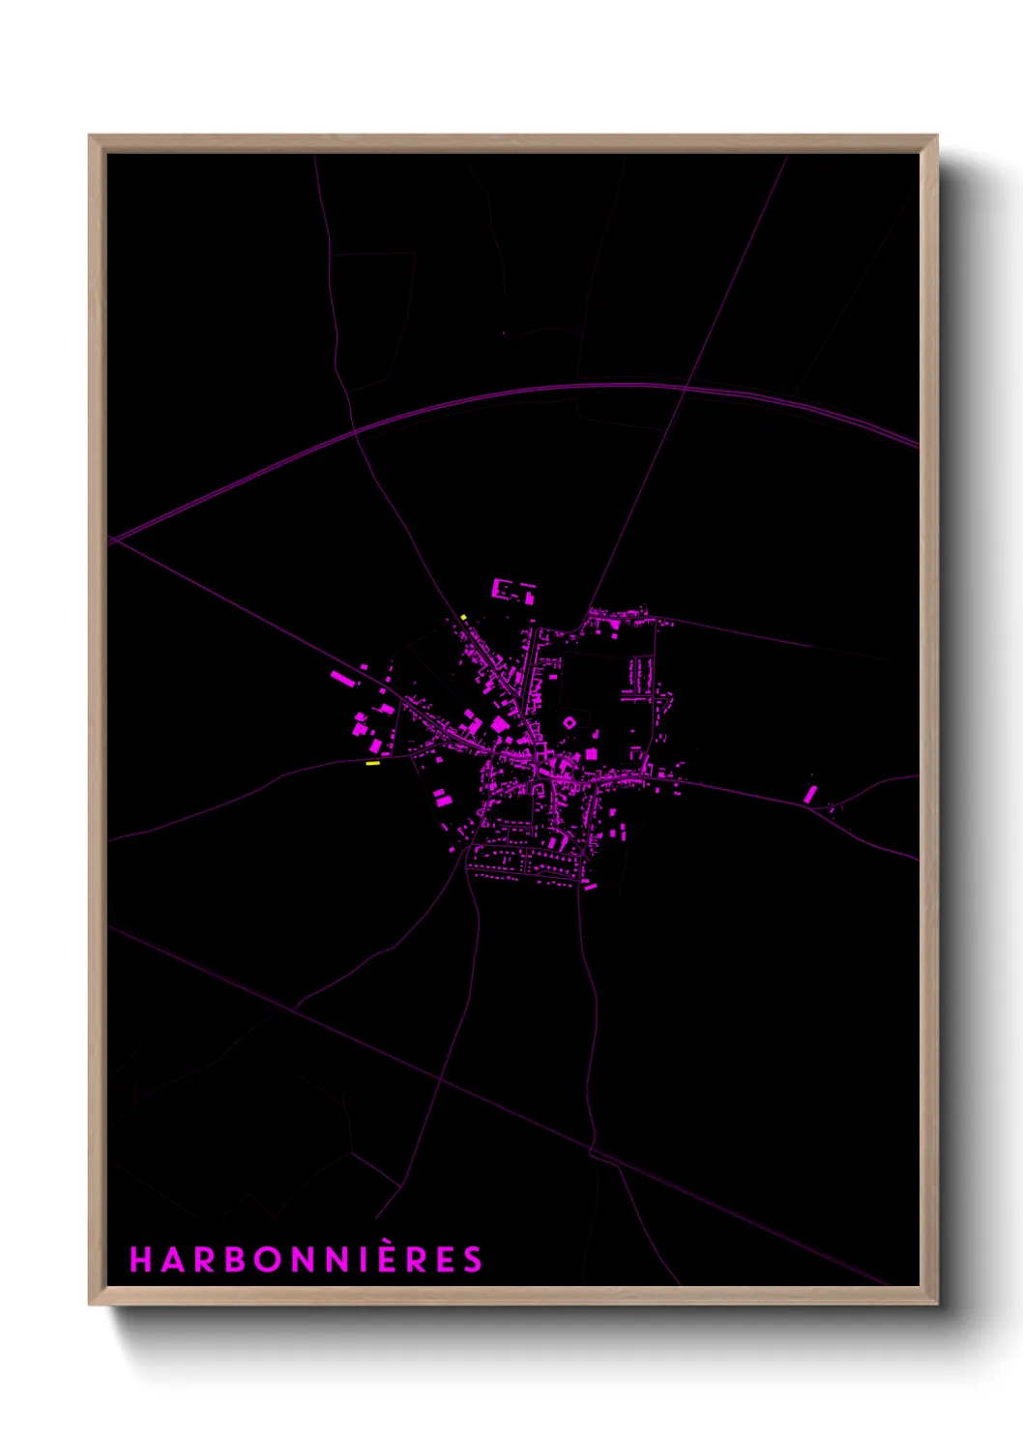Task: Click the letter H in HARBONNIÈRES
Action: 140,1260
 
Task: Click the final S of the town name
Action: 472,1260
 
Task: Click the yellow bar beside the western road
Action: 372,764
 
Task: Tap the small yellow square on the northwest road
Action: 464,617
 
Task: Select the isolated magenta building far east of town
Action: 810,794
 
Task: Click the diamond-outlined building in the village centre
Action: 570,722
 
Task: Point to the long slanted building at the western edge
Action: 341,678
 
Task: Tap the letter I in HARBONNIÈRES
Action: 367,1260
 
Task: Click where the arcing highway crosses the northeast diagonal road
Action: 686,388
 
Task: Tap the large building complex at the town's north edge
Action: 511,590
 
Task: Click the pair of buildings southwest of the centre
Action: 441,798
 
